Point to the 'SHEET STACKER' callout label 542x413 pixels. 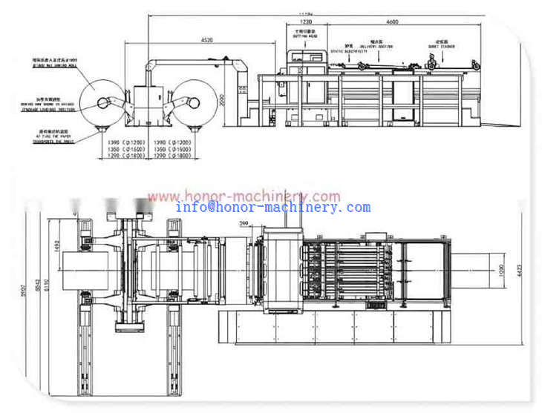pos(444,44)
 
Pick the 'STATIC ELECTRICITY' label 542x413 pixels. pos(349,50)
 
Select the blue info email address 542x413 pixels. pos(272,208)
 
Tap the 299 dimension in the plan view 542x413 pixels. pos(244,222)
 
